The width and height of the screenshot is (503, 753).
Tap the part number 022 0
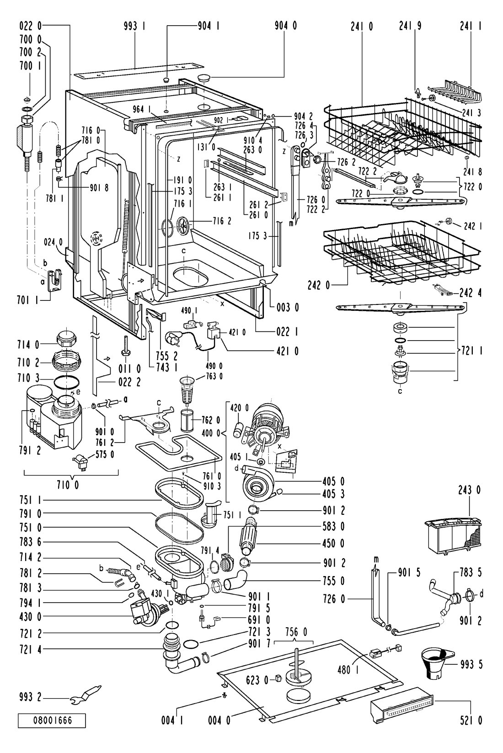pyautogui.click(x=31, y=26)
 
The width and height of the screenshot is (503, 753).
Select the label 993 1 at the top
pyautogui.click(x=134, y=26)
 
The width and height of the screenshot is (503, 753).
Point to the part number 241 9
pyautogui.click(x=410, y=26)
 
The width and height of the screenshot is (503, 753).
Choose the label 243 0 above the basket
pyautogui.click(x=469, y=491)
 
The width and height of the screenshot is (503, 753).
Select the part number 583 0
pyautogui.click(x=333, y=526)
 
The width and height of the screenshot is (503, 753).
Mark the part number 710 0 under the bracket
pyautogui.click(x=68, y=486)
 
